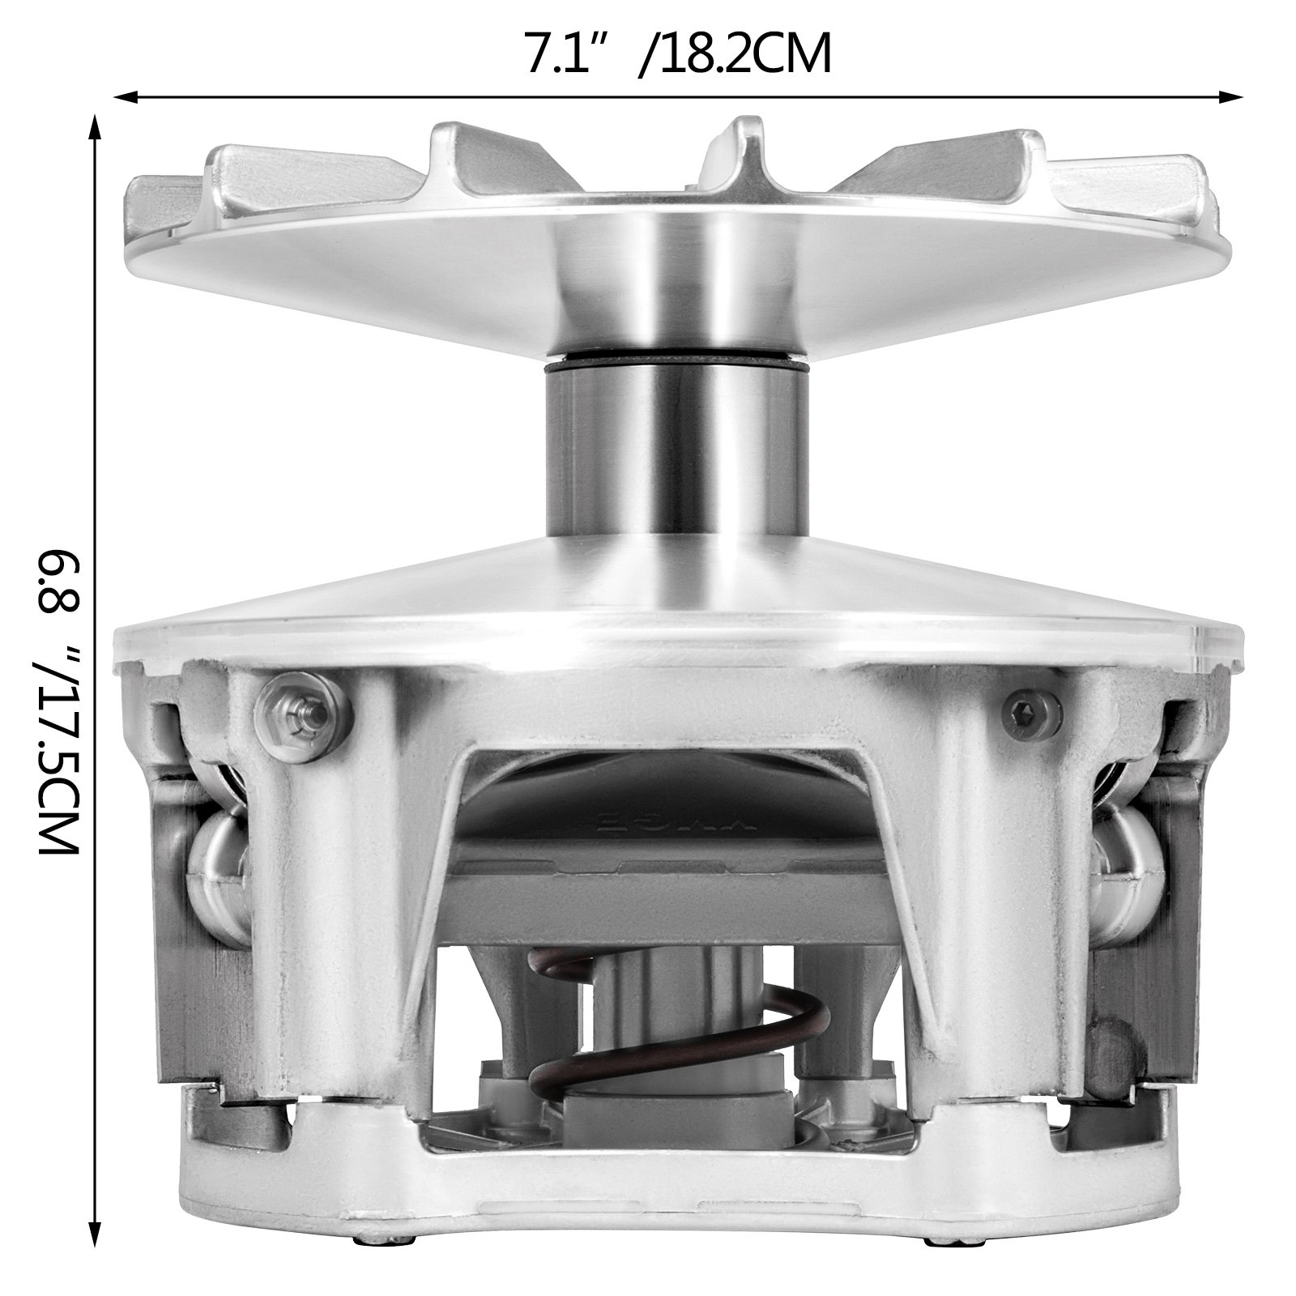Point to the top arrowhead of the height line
tap(95, 130)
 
